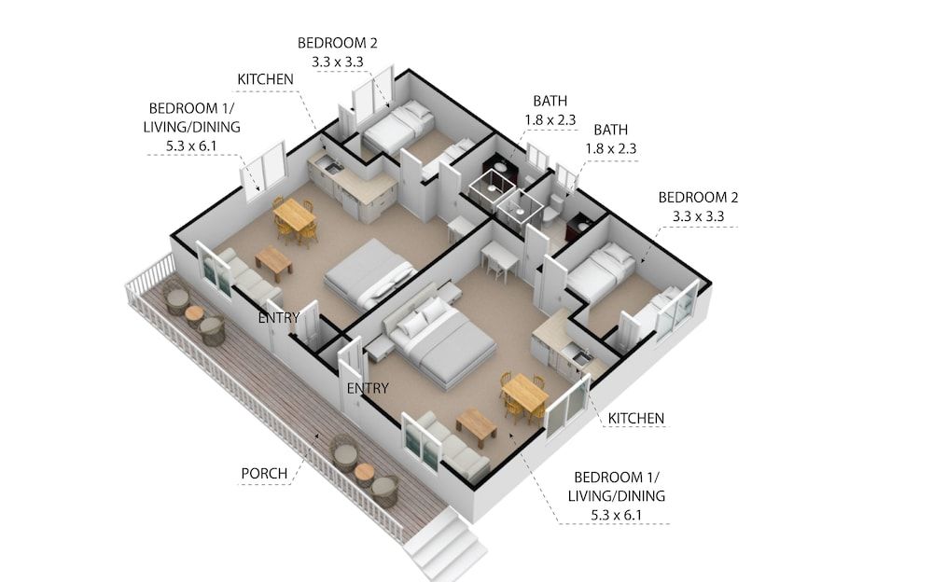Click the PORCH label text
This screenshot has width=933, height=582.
(x=264, y=473)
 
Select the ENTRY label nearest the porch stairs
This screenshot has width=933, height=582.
(x=368, y=388)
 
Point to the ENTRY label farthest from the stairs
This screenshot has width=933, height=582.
(x=279, y=317)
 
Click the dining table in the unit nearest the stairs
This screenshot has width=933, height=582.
(x=523, y=392)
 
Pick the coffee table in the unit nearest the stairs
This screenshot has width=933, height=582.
(x=476, y=424)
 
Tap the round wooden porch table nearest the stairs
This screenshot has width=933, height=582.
(x=364, y=472)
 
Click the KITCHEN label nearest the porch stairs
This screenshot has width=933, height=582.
(x=636, y=418)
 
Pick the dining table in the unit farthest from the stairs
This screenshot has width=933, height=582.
(x=295, y=215)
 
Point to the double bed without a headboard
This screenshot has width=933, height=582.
(x=369, y=272)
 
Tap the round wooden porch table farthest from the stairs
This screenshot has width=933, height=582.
(x=194, y=313)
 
